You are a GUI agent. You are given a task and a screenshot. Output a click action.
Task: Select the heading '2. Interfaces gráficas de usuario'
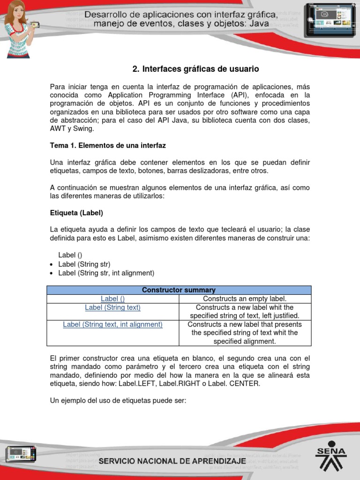195,69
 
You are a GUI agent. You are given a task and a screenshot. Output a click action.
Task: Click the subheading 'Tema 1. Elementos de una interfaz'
108,146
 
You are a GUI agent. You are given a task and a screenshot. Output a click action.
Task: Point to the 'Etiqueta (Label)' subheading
76,212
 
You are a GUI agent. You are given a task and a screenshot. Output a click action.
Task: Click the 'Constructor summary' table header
179,290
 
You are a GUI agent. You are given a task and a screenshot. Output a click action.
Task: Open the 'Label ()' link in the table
113,299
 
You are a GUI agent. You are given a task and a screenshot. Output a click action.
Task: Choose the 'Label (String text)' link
113,307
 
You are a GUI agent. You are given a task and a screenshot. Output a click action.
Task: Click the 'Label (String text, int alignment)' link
113,324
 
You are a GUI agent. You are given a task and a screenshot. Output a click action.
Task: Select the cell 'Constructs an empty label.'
245,299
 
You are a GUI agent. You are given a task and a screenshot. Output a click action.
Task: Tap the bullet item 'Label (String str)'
84,264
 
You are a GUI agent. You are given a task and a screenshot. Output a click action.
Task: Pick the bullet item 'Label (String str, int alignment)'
106,273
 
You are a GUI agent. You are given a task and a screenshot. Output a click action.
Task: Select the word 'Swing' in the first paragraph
84,129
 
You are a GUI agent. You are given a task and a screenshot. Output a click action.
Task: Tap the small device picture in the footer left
21,454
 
